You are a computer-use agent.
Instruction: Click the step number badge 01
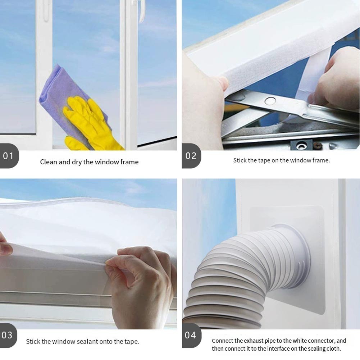(9, 156)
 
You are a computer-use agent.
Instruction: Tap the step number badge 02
(191, 156)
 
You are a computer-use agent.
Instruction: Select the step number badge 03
(8, 335)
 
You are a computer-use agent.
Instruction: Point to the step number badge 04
(191, 335)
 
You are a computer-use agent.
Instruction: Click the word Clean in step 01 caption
(49, 162)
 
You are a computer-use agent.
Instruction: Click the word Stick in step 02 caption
(239, 160)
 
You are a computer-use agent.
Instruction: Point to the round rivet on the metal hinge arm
(270, 101)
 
